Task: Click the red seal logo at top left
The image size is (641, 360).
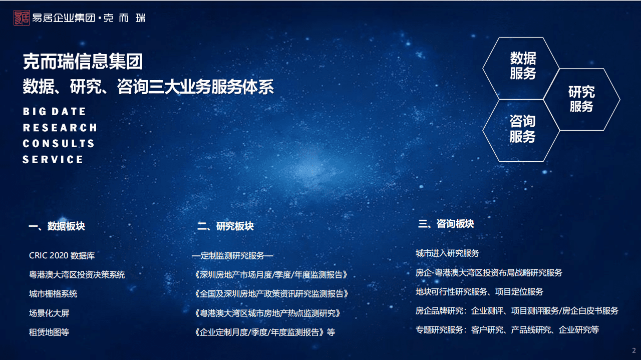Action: click(x=22, y=18)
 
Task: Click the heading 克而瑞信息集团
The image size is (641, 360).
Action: click(x=83, y=62)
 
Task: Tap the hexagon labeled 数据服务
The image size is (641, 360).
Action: click(x=522, y=66)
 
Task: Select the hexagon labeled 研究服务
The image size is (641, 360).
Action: click(x=581, y=99)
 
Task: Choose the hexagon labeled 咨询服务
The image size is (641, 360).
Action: click(x=522, y=129)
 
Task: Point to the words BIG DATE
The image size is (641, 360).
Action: click(x=55, y=112)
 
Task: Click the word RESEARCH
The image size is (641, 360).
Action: click(x=60, y=128)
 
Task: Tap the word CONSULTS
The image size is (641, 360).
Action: click(x=59, y=144)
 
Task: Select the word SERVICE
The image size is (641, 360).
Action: click(x=53, y=160)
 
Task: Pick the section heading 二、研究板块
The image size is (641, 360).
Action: click(x=225, y=226)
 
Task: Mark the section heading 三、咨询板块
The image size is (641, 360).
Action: click(x=446, y=224)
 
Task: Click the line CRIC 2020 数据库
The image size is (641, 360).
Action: click(x=62, y=256)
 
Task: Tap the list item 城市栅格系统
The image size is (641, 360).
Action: click(x=53, y=294)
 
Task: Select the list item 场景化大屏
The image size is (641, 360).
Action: click(x=49, y=313)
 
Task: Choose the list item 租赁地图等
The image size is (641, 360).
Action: click(x=49, y=331)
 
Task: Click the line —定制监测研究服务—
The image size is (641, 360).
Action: click(x=232, y=256)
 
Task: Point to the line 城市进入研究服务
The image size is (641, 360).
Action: click(x=447, y=253)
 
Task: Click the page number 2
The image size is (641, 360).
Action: click(x=634, y=350)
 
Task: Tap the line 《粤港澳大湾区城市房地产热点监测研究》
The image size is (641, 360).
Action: click(x=268, y=313)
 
